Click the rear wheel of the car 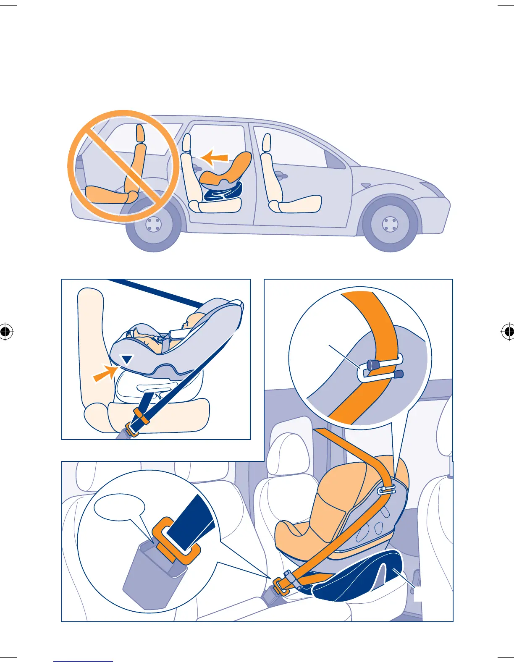[154, 225]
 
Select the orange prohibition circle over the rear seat [121, 166]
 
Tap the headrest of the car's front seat [266, 143]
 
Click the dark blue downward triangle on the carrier [127, 359]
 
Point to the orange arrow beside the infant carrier [104, 373]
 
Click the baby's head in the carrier [192, 321]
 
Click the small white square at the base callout [418, 595]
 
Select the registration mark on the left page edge [5, 332]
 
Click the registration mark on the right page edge [508, 332]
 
